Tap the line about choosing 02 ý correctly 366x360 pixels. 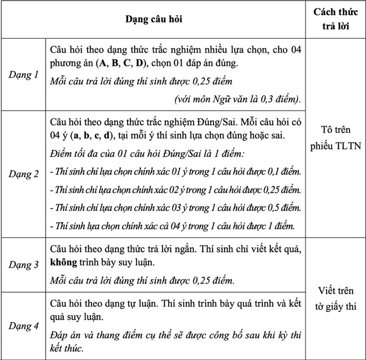click(x=175, y=189)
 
